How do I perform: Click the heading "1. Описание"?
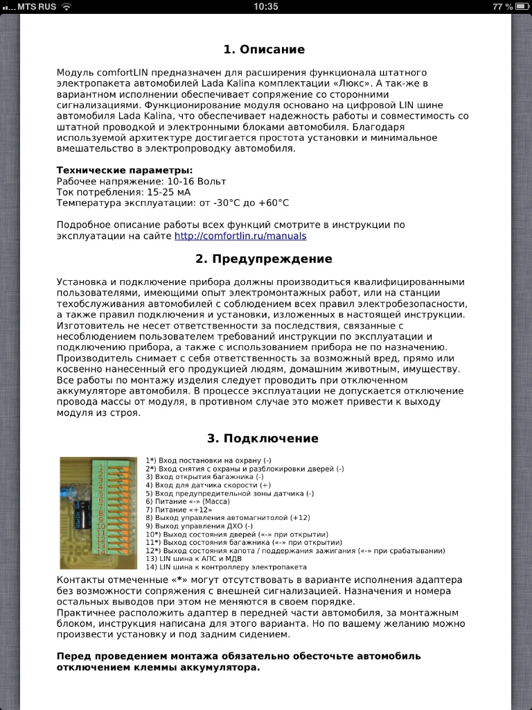pos(264,49)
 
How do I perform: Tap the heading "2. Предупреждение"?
pos(264,259)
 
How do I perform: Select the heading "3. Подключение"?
pos(263,438)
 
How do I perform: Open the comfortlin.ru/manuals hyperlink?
pos(240,236)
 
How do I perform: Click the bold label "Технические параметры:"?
pos(125,170)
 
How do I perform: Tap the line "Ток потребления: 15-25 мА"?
pos(123,192)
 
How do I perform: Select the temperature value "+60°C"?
pos(273,203)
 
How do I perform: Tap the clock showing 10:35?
pos(266,6)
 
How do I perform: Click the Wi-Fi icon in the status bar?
pos(66,6)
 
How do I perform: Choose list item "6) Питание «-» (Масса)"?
pos(188,501)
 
